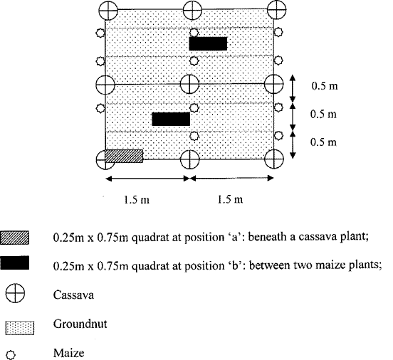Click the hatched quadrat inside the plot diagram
pos(124,156)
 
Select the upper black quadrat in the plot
pos(208,43)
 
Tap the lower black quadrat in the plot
pos(171,119)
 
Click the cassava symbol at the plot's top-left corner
pos(108,11)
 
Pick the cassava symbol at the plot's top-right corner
pos(277,9)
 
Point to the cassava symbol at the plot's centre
pos(189,84)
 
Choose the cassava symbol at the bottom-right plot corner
pos(274,159)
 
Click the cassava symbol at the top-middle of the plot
pos(192,10)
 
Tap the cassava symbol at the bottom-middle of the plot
pos(190,159)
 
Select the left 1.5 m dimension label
pos(137,200)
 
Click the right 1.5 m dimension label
pos(230,200)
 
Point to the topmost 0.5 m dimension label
pos(325,86)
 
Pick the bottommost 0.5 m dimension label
pos(323,142)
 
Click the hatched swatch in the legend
pos(14,238)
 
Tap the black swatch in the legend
pos(14,263)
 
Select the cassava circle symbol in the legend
pos(15,293)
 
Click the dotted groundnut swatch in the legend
pos(20,328)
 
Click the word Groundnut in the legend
pos(80,324)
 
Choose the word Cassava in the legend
pos(73,295)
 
